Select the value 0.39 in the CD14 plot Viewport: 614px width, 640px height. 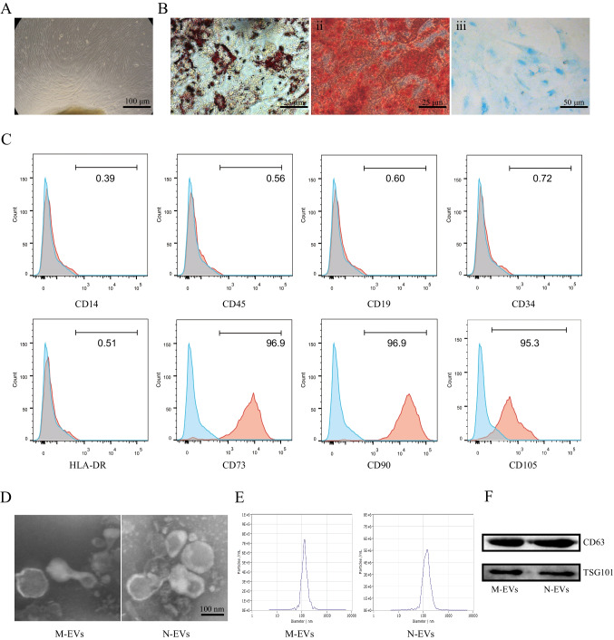point(105,179)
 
